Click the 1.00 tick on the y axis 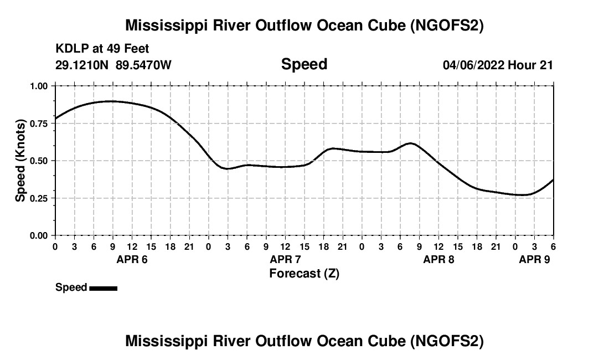[x=39, y=86]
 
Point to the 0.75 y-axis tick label [x=39, y=124]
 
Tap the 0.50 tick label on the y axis [x=39, y=161]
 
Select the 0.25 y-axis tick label [x=39, y=198]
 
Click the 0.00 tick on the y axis [x=39, y=235]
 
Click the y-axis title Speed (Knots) [x=20, y=161]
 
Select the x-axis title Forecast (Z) [x=304, y=273]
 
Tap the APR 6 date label [x=132, y=259]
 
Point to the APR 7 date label [x=285, y=259]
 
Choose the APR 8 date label [x=438, y=259]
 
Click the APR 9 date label [x=534, y=259]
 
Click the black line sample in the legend [x=103, y=288]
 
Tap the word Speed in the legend [x=71, y=287]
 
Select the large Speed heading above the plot [x=304, y=64]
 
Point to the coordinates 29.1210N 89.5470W [x=113, y=65]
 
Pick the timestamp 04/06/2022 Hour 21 [x=498, y=65]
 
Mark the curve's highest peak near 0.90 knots [x=112, y=101]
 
